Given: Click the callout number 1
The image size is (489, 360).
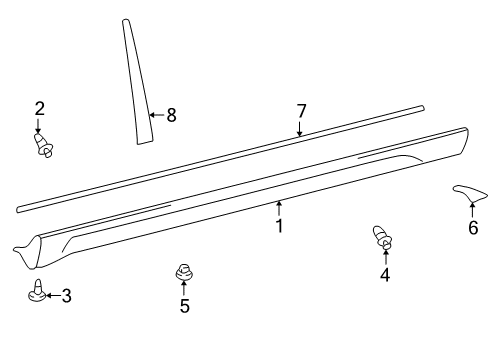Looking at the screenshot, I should click(x=280, y=226).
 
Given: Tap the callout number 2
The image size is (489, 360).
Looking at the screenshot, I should click(x=40, y=108).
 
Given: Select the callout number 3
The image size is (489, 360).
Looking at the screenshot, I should click(x=66, y=295).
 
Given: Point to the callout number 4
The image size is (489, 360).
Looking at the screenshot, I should click(x=384, y=275).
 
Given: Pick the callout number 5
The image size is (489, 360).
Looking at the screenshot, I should click(x=184, y=306).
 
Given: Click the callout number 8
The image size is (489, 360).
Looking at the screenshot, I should click(x=171, y=115).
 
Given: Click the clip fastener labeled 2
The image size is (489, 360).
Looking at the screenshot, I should click(x=43, y=147).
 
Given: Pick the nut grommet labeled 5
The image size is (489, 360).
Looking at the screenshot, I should click(x=184, y=271).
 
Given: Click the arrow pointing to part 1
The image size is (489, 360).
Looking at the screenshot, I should click(x=280, y=208).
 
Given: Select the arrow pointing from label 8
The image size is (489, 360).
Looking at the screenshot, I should click(x=156, y=115).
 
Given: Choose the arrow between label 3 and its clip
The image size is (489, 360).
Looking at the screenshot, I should click(x=52, y=295).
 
